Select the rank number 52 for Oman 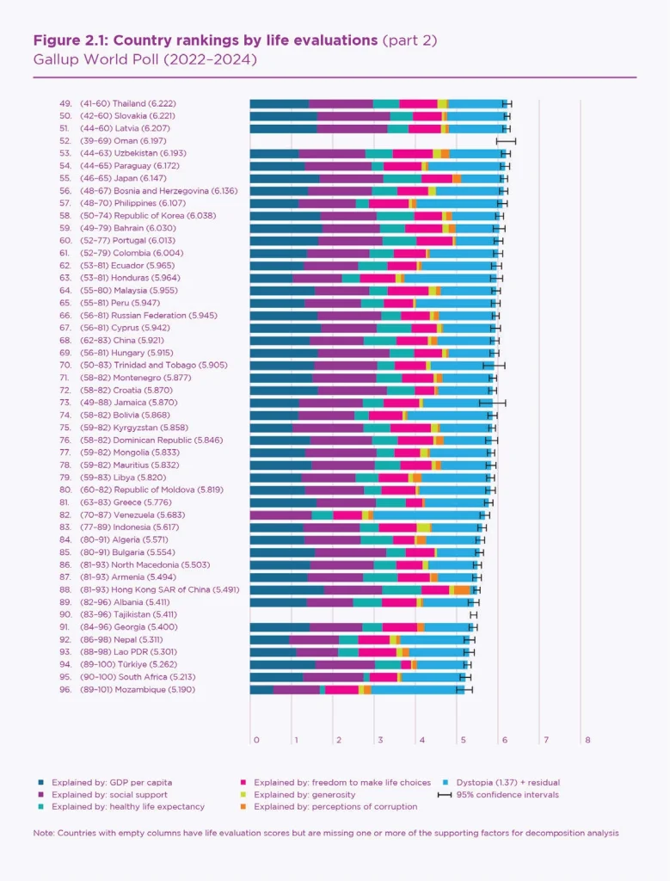tap(65, 140)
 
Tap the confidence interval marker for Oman tap(506, 140)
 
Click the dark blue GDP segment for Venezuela tap(280, 514)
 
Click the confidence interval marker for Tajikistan tap(473, 615)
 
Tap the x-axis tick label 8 tap(587, 740)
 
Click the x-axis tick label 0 tap(255, 740)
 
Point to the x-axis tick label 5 tap(463, 740)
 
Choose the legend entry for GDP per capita tap(111, 782)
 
